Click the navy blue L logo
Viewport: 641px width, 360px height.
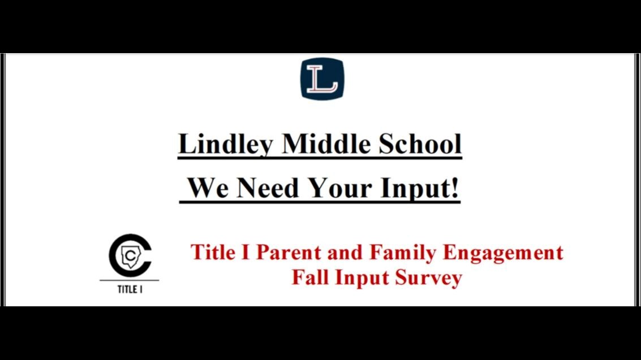[x=322, y=79]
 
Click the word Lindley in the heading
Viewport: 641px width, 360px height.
[x=226, y=144]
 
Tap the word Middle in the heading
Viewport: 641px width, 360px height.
[x=326, y=144]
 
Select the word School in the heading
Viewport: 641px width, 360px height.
[x=420, y=144]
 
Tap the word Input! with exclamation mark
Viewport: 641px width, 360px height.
[x=419, y=189]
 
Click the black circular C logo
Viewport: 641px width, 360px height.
[x=130, y=255]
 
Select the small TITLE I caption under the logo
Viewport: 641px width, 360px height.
[x=130, y=289]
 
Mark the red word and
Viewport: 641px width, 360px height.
[x=345, y=252]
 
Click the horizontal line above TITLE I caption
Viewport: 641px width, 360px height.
[x=129, y=280]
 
